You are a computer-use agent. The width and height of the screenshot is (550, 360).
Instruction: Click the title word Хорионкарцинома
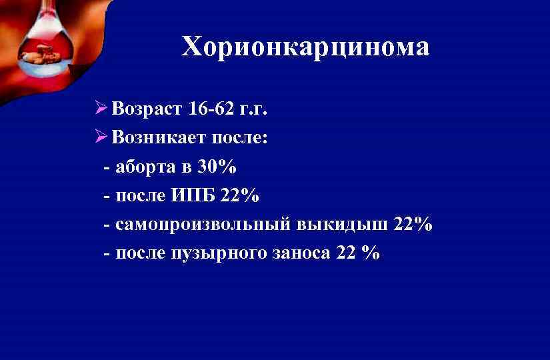[x=306, y=47]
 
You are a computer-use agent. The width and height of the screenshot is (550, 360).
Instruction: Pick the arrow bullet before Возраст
[x=101, y=108]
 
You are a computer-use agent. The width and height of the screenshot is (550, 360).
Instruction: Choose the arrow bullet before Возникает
[x=101, y=137]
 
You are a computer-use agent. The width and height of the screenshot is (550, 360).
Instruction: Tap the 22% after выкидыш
[x=413, y=225]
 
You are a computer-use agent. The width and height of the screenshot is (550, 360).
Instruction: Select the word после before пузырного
[x=140, y=254]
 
